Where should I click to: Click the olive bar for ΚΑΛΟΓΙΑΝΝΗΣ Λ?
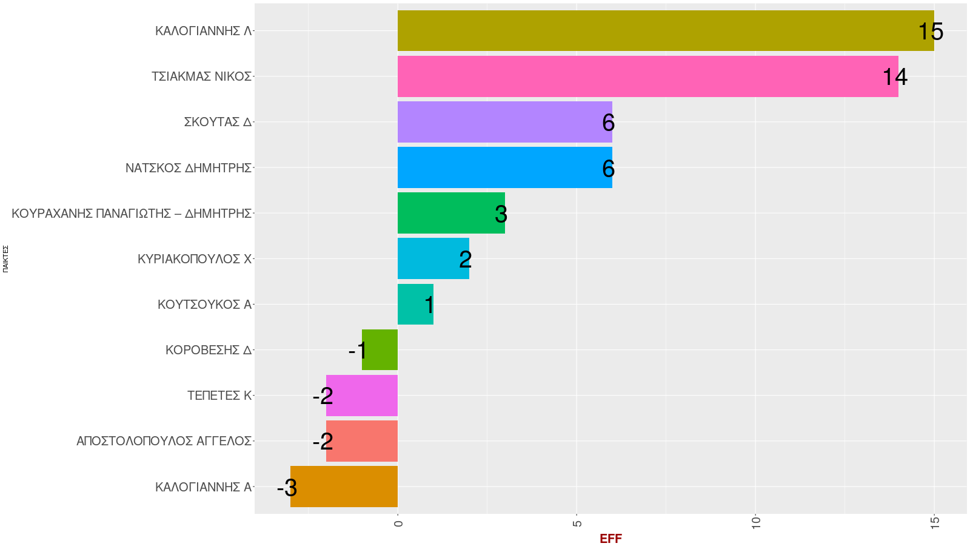point(665,30)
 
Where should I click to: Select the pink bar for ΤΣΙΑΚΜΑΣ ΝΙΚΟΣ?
point(647,76)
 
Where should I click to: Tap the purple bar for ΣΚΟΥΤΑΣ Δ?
point(504,122)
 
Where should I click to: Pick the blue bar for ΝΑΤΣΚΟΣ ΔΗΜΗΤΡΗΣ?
point(504,167)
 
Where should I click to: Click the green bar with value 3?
point(451,213)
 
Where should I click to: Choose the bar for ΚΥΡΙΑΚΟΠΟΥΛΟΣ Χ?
point(433,258)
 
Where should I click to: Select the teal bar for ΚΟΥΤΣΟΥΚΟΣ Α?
point(415,304)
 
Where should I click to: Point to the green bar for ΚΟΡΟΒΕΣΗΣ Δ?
point(380,350)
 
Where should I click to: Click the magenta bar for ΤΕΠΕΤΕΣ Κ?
point(362,396)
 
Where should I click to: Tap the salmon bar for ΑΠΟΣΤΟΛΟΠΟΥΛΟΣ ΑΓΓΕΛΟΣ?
point(362,441)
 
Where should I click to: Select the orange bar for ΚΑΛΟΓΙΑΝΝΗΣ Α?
point(344,487)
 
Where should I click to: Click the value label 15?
point(931,32)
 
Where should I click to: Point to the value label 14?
point(895,77)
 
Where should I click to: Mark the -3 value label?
point(287,488)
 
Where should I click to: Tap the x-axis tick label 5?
point(577,522)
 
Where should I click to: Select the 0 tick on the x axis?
point(398,522)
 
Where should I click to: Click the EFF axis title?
point(610,539)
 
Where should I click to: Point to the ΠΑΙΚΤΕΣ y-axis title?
point(5,258)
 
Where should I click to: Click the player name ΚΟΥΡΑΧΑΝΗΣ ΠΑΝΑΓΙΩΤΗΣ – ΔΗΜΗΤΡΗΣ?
point(132,214)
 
